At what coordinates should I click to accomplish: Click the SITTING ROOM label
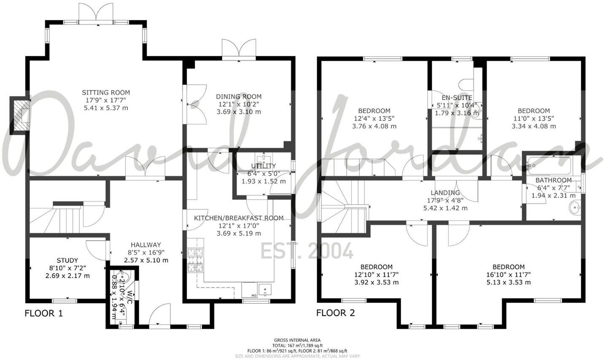click(x=106, y=92)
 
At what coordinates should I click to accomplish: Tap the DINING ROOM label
click(x=239, y=97)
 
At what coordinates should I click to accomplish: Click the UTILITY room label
click(x=263, y=166)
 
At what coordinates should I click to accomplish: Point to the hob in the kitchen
click(x=195, y=260)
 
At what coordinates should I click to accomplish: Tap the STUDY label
click(x=67, y=260)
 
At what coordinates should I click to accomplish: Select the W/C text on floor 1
click(x=130, y=295)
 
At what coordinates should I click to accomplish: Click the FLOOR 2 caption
click(x=335, y=313)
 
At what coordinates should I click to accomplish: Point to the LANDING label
click(x=445, y=193)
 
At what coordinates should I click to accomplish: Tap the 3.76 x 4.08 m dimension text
click(x=374, y=126)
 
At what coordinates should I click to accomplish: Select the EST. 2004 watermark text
click(x=307, y=252)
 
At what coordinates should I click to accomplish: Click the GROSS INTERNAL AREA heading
click(x=297, y=340)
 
